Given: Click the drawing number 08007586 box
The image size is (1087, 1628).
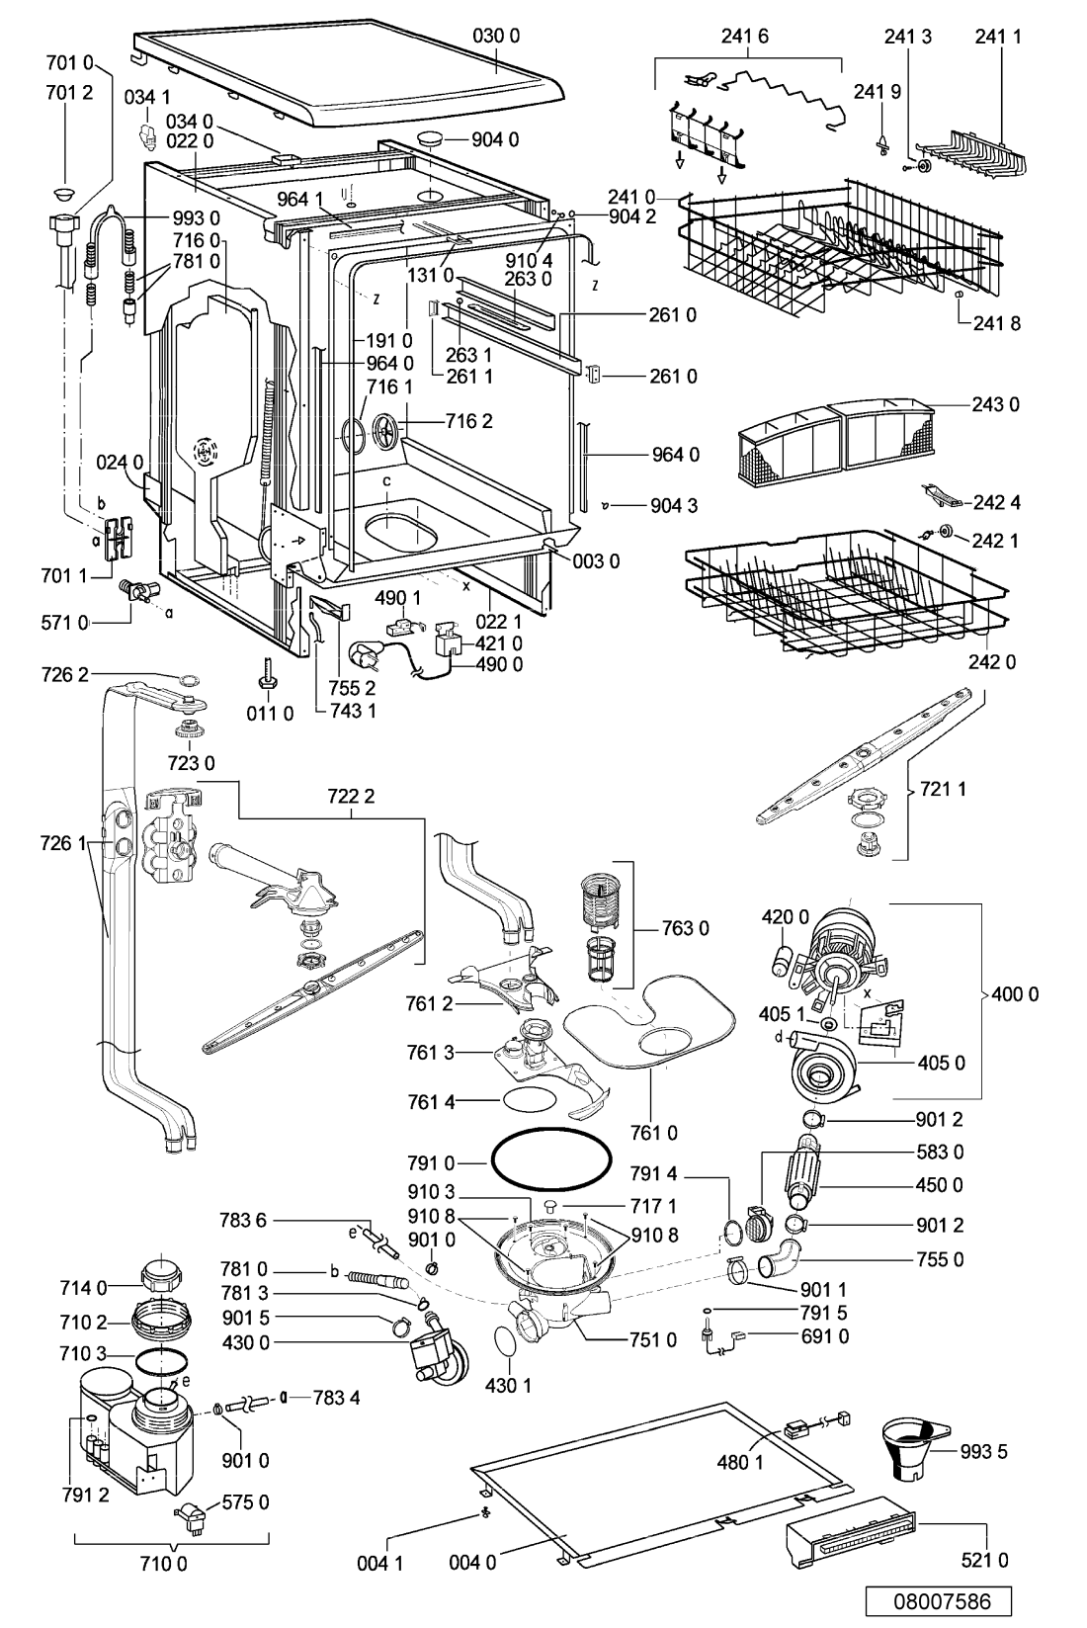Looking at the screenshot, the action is point(938,1601).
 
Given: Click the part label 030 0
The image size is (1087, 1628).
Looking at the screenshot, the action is point(496,36).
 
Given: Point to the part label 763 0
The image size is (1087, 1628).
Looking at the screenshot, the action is point(685,928).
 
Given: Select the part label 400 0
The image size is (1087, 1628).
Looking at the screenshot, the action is point(1015,993).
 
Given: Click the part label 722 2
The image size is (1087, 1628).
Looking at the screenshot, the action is point(351,796).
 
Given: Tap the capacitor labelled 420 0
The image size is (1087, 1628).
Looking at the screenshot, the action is point(780,959).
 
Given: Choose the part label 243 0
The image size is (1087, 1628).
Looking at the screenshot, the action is point(995,404).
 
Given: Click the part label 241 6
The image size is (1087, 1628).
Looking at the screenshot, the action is point(745,36).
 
